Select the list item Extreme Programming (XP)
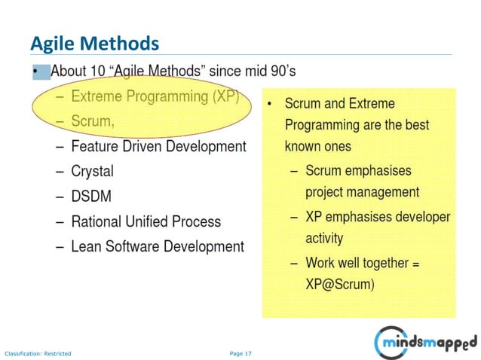click(155, 96)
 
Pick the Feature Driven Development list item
click(158, 145)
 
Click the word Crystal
click(92, 171)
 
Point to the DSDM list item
click(91, 196)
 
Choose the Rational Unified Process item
click(146, 221)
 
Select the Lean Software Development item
click(157, 246)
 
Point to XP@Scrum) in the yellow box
click(340, 285)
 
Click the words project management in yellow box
click(362, 192)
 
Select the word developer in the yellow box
click(418, 217)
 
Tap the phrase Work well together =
click(362, 264)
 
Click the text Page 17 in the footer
click(240, 352)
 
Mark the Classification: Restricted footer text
click(38, 352)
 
